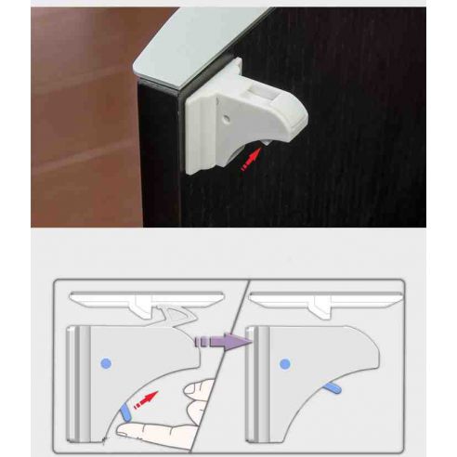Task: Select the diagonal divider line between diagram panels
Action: tap(228, 372)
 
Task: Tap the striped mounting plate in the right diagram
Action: tap(261, 381)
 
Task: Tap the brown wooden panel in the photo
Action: tap(84, 121)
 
